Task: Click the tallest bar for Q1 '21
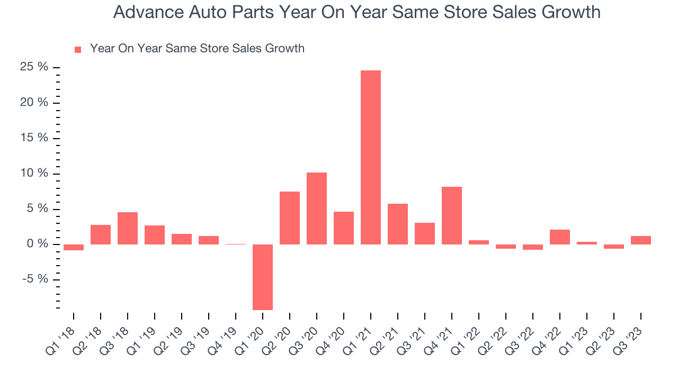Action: point(370,157)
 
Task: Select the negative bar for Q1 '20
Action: point(263,277)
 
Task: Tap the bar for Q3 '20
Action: point(317,208)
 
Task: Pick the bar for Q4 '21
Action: point(452,215)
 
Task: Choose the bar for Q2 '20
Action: point(290,217)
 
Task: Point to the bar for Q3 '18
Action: point(128,228)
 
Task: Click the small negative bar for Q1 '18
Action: point(74,247)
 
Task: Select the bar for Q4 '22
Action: point(560,237)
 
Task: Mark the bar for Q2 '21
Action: point(398,224)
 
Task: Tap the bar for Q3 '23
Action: point(641,240)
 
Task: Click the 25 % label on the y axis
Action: point(34,67)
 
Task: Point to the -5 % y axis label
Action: point(35,279)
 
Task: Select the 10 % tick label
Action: point(34,174)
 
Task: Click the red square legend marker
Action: point(78,49)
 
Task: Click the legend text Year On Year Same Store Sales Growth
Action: point(197,49)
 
